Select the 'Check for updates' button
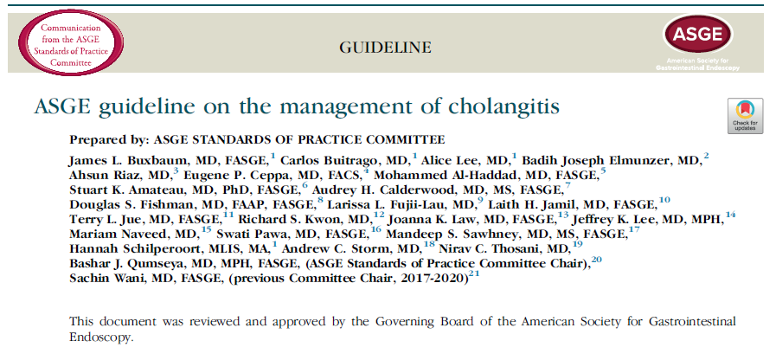[745, 117]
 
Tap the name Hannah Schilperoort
[128, 248]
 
